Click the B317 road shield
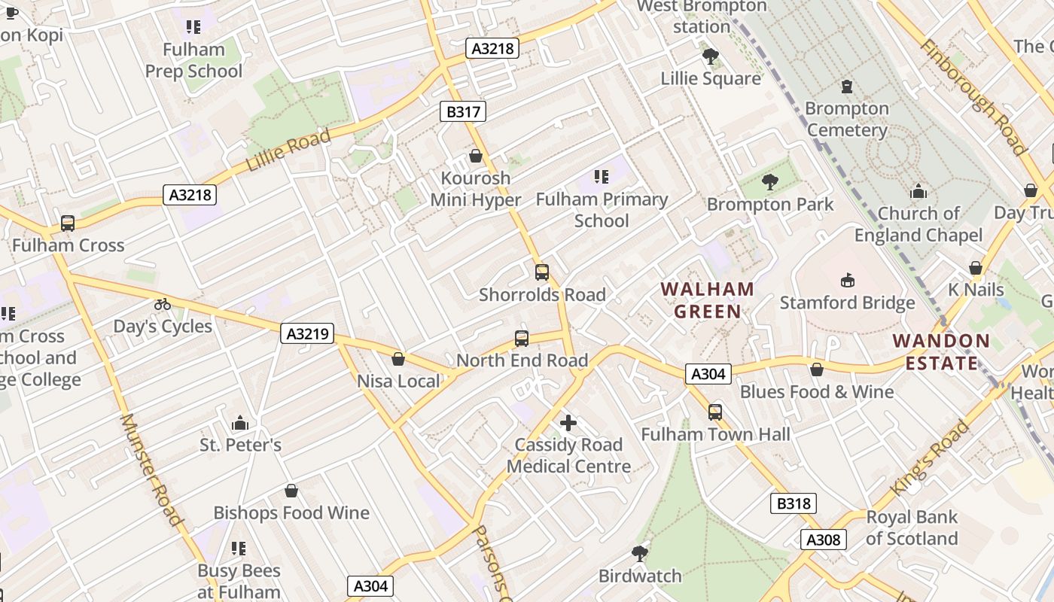pos(463,112)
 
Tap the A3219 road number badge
pos(307,333)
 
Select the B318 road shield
pos(794,503)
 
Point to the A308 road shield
pos(823,539)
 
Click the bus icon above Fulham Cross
pos(68,223)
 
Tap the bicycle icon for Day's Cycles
pos(163,305)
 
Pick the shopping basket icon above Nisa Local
pos(398,359)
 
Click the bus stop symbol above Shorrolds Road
pos(542,272)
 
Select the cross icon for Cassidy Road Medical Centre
pos(568,423)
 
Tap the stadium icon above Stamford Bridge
pos(848,281)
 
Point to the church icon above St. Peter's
pos(240,423)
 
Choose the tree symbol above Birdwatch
pos(640,554)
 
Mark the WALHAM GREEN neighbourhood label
pos(707,299)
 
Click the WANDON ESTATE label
pos(941,351)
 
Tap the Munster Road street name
pos(151,470)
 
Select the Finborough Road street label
pos(973,96)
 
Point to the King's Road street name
pos(930,458)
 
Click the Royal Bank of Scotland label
pos(912,528)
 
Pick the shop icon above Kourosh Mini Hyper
pos(476,157)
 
